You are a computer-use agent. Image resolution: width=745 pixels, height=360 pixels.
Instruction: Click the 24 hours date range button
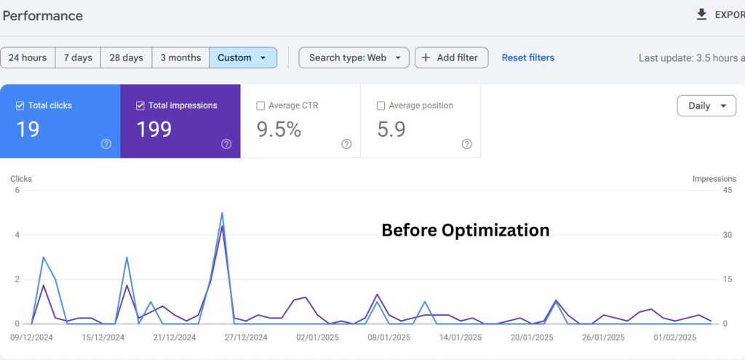coord(28,57)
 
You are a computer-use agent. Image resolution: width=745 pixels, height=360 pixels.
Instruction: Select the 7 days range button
coord(78,57)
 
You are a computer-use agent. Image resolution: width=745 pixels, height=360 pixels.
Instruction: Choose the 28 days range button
coord(125,57)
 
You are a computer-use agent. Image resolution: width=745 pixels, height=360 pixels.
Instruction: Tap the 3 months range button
coord(180,57)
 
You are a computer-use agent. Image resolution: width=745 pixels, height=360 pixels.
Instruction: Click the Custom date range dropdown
coord(242,57)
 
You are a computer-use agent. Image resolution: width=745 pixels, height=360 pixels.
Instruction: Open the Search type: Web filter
coord(354,57)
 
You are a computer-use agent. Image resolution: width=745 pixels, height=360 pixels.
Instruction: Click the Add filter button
coord(451,57)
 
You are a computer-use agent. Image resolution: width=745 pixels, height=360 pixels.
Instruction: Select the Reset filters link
coord(527,57)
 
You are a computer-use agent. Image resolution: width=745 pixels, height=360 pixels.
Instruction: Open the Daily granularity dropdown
coord(706,105)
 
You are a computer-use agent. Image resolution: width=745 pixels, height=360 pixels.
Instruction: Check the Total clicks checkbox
coord(20,105)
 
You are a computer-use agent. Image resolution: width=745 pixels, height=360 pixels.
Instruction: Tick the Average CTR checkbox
coord(260,105)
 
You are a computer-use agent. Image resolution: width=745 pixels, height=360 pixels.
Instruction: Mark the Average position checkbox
coord(381,105)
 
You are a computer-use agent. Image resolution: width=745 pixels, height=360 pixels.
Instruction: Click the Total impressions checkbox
coord(140,105)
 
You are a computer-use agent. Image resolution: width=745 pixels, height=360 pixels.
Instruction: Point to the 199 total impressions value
coord(154,129)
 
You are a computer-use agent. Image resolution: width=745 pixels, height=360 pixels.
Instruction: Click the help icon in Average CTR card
coord(346,144)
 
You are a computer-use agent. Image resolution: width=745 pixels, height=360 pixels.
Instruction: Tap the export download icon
coord(701,15)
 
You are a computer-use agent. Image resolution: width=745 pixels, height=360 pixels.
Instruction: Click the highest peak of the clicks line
coord(222,213)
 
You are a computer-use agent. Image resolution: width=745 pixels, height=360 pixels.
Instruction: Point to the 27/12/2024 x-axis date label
coord(245,337)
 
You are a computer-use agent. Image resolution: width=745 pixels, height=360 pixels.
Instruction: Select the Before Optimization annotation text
coord(465,231)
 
